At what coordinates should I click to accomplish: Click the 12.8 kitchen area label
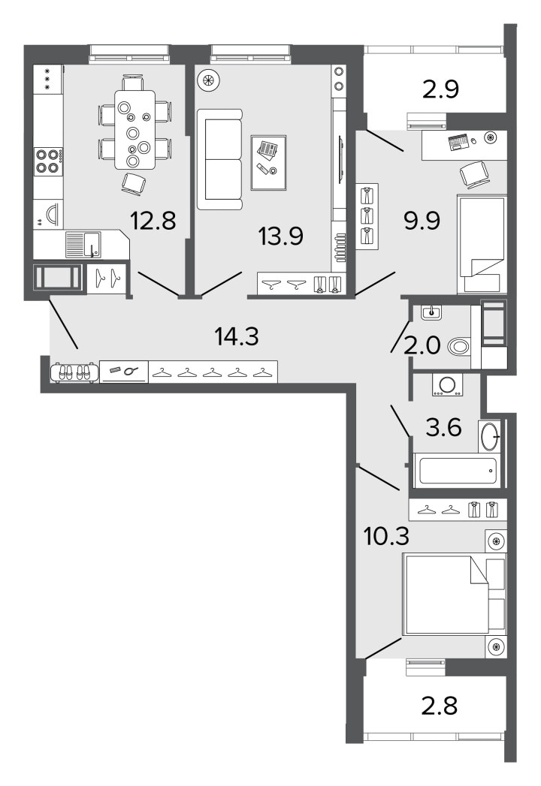pos(153,221)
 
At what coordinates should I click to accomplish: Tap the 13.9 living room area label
pos(280,236)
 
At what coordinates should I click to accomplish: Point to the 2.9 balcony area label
pos(441,89)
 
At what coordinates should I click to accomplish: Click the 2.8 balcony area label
pos(439,706)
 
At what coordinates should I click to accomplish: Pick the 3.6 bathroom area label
pos(443,428)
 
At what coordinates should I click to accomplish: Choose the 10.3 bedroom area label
pos(386,536)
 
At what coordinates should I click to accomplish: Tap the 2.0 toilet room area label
pos(422,345)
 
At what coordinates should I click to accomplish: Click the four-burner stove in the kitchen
pos(48,161)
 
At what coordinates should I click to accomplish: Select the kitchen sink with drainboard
pos(83,244)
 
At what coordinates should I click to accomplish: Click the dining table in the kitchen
pos(134,129)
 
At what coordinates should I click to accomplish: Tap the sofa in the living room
pos(219,159)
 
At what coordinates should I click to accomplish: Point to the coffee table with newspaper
pos(268,162)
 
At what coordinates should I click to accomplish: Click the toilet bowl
pos(458,346)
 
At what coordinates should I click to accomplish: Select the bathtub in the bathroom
pos(456,471)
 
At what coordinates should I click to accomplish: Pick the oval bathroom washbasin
pos(490,437)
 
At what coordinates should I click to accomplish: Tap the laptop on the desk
pos(458,142)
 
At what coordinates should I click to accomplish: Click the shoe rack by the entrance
pos(73,372)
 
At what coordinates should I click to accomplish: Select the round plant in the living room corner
pos(208,80)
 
